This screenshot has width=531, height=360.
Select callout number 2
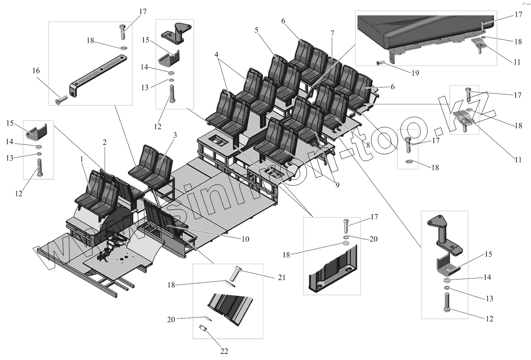(x=105, y=142)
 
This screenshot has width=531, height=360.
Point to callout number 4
(x=217, y=55)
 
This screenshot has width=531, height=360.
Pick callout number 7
(x=332, y=33)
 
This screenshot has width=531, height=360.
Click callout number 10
(x=246, y=239)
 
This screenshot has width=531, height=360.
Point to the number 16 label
(x=36, y=70)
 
